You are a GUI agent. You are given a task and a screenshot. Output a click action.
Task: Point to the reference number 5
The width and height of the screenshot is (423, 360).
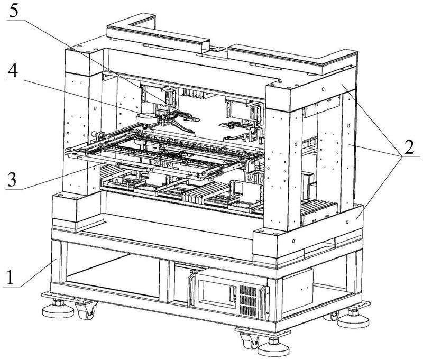pyautogui.click(x=12, y=10)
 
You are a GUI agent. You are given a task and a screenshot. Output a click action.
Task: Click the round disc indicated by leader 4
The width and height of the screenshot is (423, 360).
pyautogui.click(x=147, y=117)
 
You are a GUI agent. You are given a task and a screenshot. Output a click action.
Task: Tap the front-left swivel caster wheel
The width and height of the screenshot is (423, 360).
pyautogui.click(x=85, y=312)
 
